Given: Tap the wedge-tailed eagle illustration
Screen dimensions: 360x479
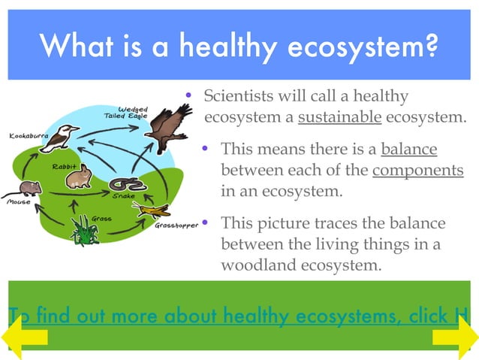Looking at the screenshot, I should (x=168, y=128).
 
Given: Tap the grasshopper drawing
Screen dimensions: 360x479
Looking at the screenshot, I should (x=155, y=208).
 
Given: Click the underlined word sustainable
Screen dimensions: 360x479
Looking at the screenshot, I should (x=340, y=117).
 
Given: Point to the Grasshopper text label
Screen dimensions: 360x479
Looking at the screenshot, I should (x=176, y=225).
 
